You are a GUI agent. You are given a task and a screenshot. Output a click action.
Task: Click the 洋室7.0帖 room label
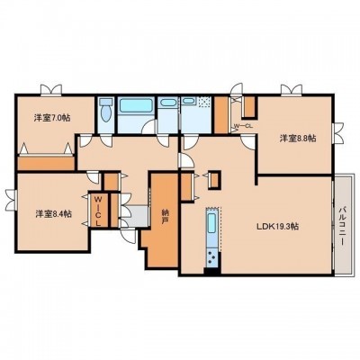point(52,118)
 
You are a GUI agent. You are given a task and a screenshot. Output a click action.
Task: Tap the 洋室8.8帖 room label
point(298,139)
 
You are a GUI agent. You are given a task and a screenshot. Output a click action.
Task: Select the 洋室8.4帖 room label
point(53,214)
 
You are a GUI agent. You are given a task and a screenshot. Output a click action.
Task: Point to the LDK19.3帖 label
point(277,227)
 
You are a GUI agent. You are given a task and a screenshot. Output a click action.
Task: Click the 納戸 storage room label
point(165,217)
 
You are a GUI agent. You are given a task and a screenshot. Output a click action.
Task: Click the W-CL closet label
point(243,126)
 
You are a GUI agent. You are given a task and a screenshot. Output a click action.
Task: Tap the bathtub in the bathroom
point(136,105)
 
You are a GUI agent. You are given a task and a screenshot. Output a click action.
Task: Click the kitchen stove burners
point(211,258)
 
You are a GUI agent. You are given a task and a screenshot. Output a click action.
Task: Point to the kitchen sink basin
point(211,223)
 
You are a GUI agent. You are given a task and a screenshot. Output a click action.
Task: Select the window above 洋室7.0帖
point(51,90)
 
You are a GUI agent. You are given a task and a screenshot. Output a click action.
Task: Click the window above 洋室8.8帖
point(292,90)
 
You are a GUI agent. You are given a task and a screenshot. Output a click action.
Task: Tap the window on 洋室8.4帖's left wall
point(11,200)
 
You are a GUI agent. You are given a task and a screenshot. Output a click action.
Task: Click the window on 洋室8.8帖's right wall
point(337,132)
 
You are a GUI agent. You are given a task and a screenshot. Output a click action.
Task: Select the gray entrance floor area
point(136,216)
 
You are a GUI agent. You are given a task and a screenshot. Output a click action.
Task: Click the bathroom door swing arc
point(148,126)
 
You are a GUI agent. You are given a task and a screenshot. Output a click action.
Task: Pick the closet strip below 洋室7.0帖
point(46,163)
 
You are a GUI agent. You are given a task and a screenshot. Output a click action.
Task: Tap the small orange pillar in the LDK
point(214,180)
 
